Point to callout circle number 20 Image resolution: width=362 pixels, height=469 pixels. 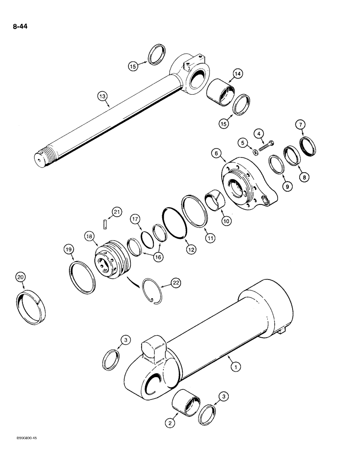[x=20, y=278]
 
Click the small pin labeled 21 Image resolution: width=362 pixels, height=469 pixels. [x=106, y=224]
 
